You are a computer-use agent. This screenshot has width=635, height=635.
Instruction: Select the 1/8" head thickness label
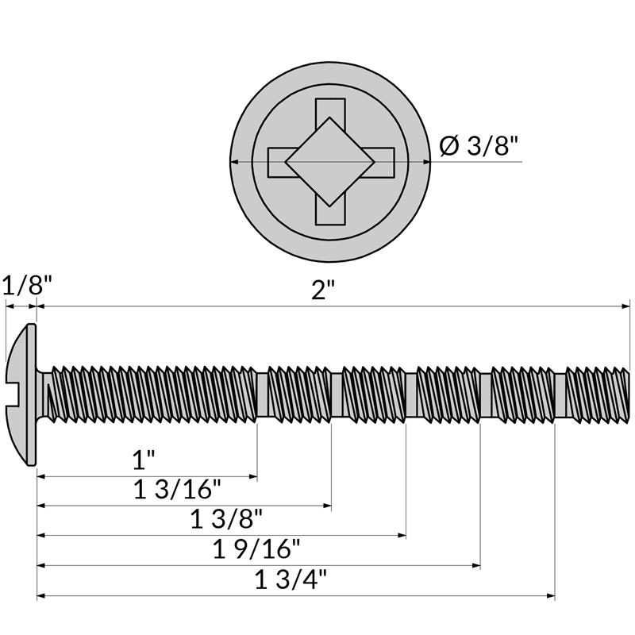click(x=27, y=285)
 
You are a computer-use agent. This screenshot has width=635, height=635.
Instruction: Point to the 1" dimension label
click(x=144, y=460)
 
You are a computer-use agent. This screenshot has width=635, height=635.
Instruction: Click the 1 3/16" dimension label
click(x=177, y=489)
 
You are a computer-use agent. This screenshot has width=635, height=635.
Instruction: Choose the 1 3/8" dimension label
click(x=226, y=519)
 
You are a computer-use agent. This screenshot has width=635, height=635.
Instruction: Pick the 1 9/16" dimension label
click(x=256, y=548)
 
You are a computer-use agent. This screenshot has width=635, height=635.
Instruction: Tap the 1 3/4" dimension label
click(x=291, y=579)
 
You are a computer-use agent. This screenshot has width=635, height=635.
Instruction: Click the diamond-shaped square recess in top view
click(x=329, y=162)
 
